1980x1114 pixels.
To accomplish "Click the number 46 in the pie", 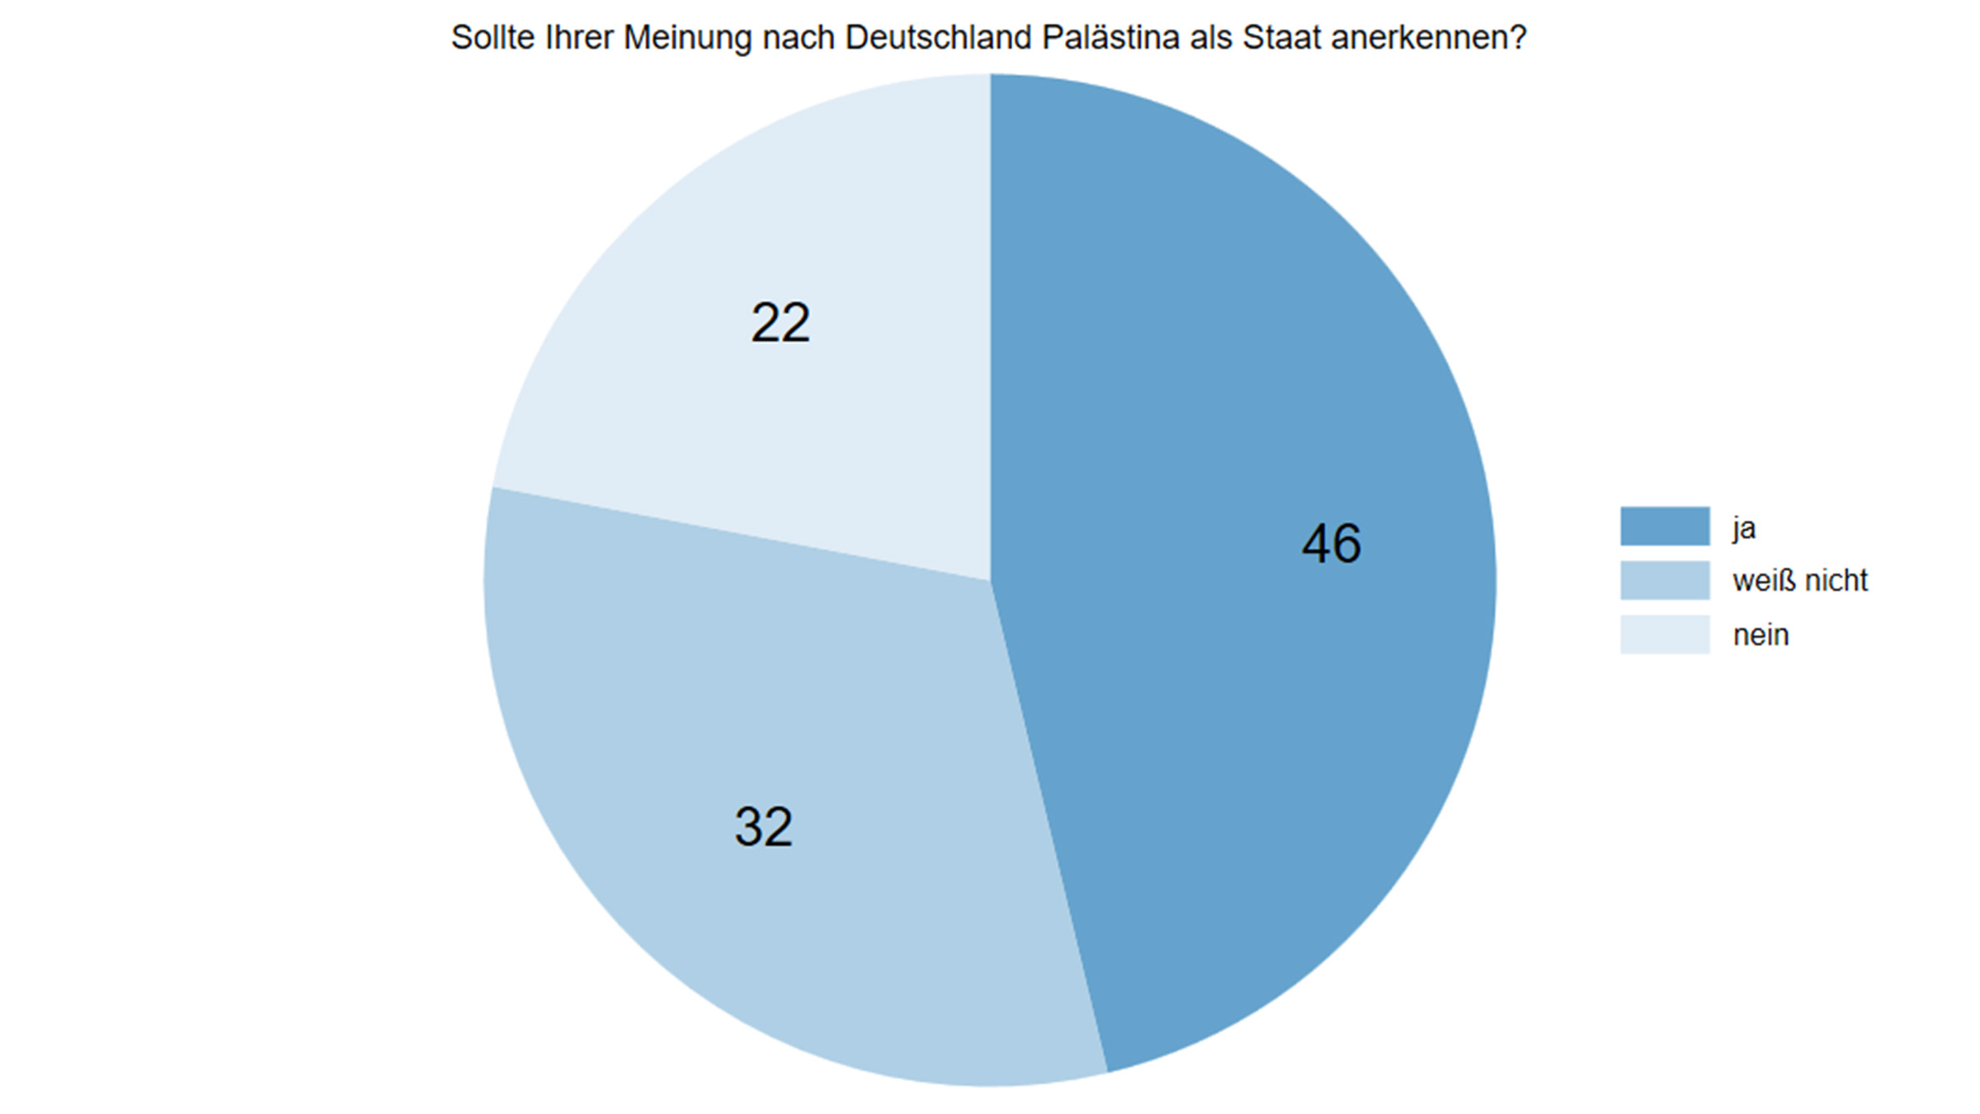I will pos(1331,544).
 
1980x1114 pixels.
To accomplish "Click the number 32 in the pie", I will pos(763,827).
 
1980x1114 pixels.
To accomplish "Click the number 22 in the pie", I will pos(780,323).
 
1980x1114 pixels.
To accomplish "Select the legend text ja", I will pos(1743,528).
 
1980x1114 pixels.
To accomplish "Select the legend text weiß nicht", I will pos(1799,581).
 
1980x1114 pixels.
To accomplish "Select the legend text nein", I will pos(1761,635).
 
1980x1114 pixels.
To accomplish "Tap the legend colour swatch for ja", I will pos(1664,526).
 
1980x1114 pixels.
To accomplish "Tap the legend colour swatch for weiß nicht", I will pos(1664,581).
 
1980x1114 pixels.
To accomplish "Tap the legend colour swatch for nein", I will pos(1664,635).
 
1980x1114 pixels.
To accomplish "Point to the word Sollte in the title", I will pos(493,38).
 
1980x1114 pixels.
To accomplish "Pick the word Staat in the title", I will pos(1281,38).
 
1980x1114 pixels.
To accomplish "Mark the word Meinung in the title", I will pos(686,38).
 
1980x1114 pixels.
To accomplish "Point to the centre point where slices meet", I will pos(990,581).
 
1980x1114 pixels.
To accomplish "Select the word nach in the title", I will pos(798,38).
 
